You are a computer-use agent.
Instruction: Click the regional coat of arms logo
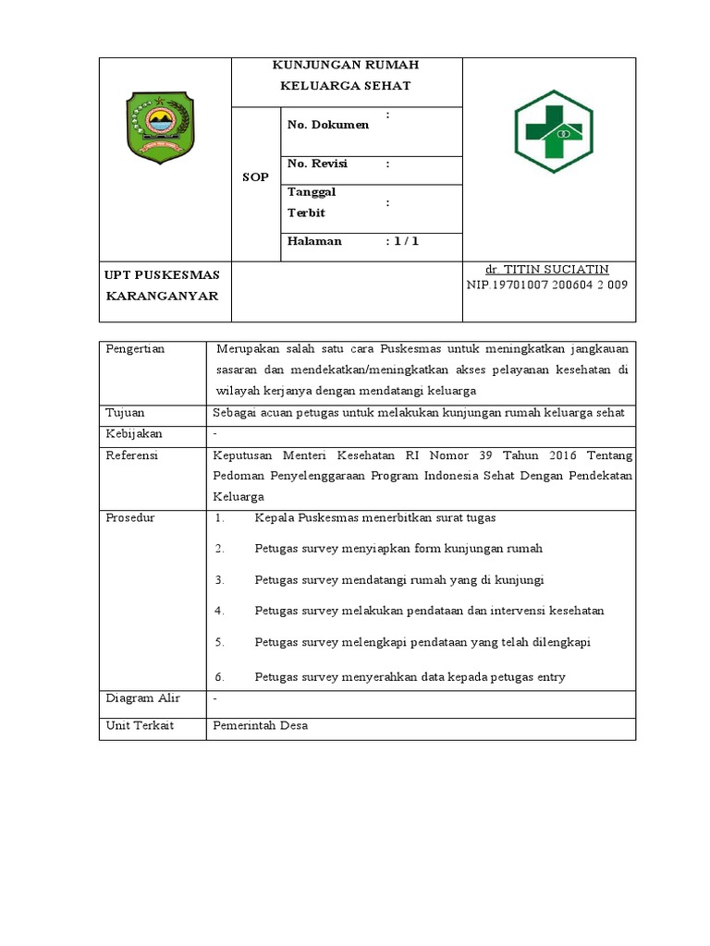158,130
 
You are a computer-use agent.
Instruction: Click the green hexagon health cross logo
554,131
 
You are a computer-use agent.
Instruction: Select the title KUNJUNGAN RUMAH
345,65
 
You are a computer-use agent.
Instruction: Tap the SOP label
255,177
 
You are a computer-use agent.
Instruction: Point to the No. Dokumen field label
328,125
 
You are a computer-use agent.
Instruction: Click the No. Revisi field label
317,164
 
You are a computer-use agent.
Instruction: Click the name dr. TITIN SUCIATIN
547,269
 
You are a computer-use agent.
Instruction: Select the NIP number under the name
547,285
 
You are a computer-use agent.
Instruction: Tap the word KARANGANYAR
162,296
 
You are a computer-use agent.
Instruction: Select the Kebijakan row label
133,433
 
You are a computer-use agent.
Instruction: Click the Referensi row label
132,455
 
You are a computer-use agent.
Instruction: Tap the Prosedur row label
130,517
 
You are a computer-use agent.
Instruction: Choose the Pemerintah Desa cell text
260,726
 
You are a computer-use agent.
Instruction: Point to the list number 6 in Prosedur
219,677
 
